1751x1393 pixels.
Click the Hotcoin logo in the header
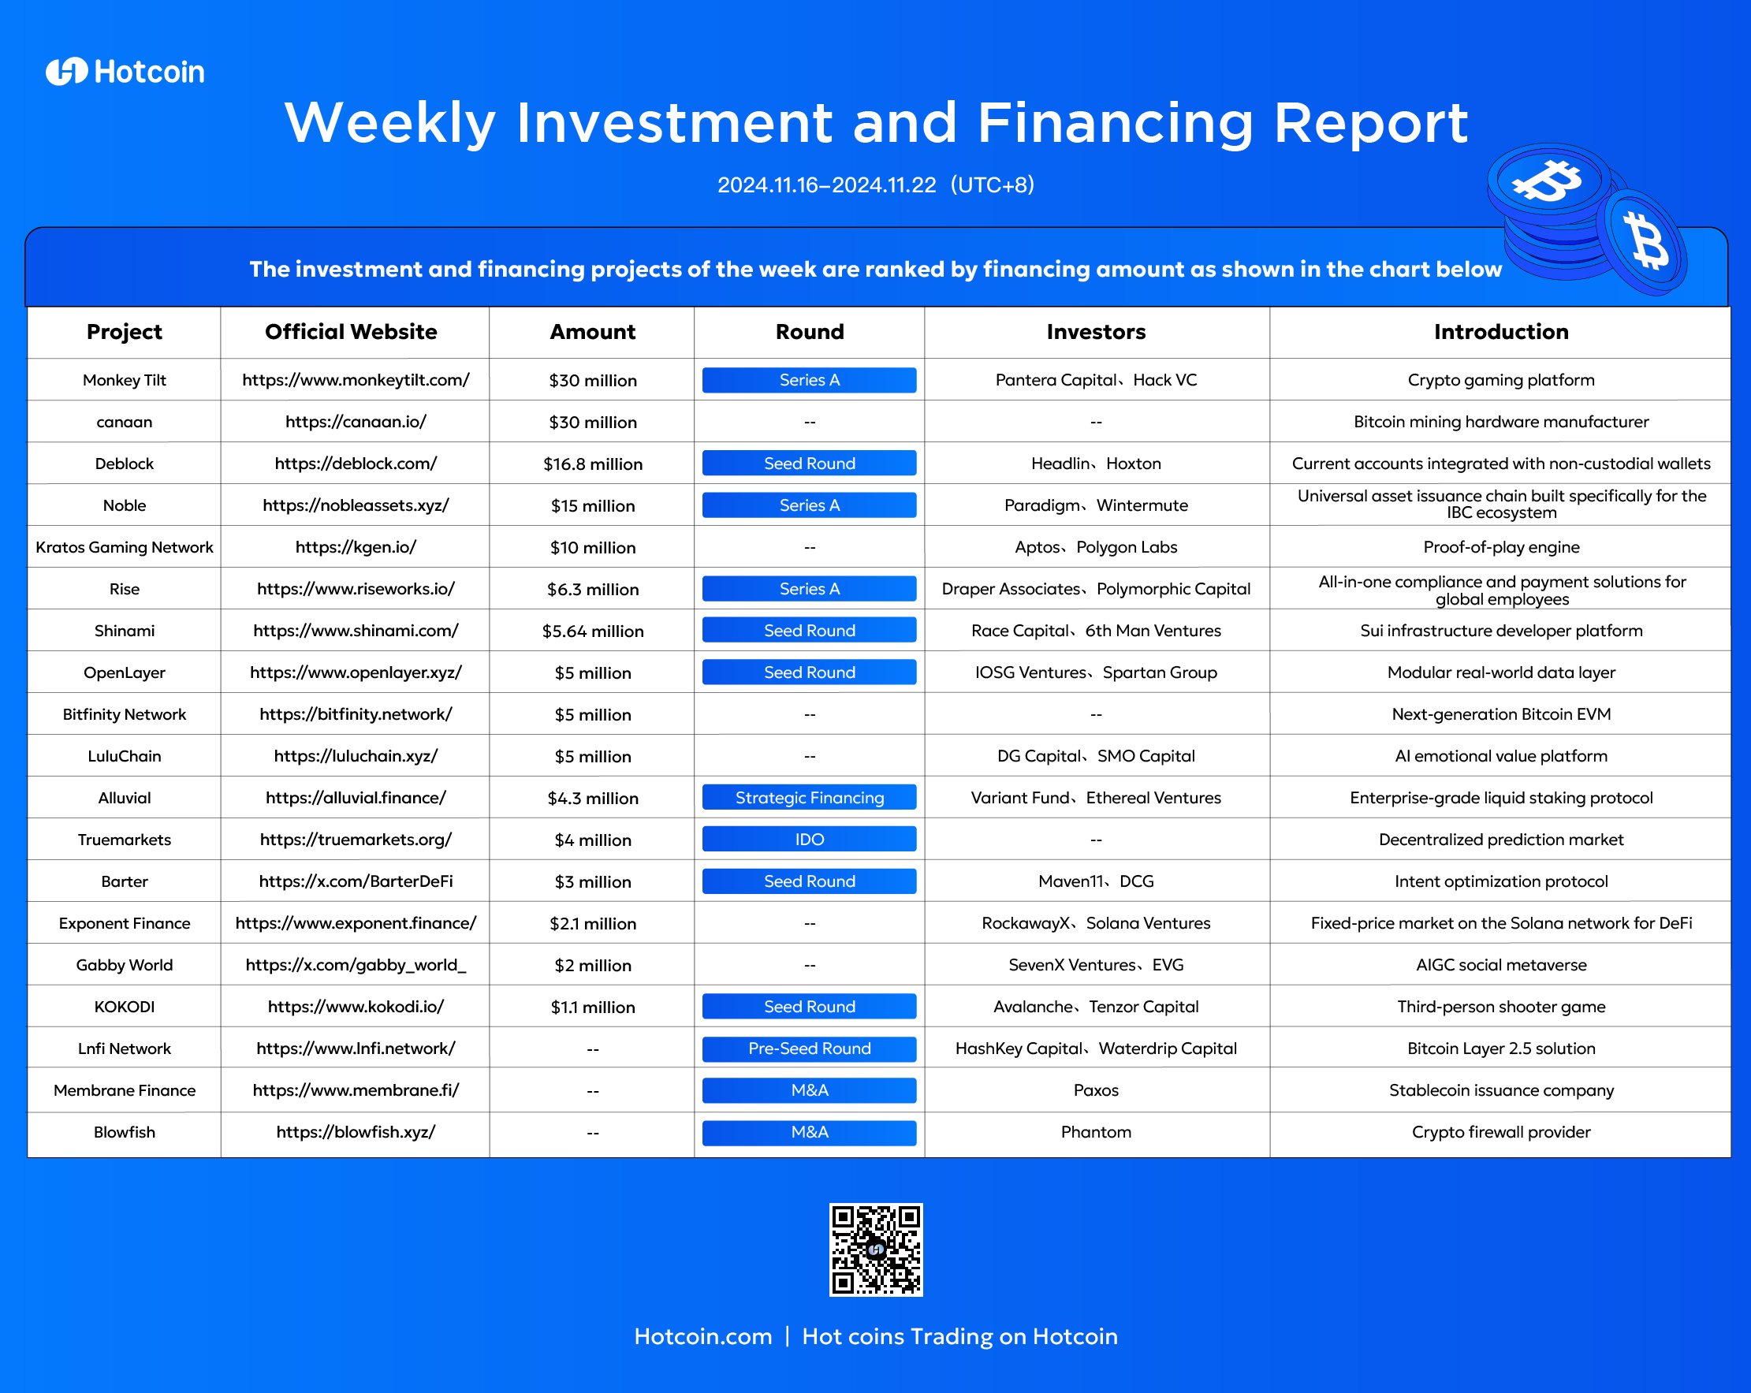pyautogui.click(x=125, y=72)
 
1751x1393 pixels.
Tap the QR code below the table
pyautogui.click(x=875, y=1250)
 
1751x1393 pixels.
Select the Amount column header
pyautogui.click(x=592, y=331)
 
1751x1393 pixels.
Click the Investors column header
pyautogui.click(x=1096, y=331)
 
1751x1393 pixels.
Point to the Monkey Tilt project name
pyautogui.click(x=125, y=380)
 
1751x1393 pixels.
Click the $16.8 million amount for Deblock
pyautogui.click(x=593, y=464)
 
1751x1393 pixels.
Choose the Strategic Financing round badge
pyautogui.click(x=809, y=798)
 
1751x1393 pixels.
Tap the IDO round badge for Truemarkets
pyautogui.click(x=809, y=839)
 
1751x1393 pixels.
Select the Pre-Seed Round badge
pyautogui.click(x=809, y=1048)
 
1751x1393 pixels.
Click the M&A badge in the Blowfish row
pyautogui.click(x=809, y=1132)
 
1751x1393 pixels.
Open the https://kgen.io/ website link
pyautogui.click(x=356, y=547)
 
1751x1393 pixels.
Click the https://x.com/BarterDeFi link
pyautogui.click(x=356, y=881)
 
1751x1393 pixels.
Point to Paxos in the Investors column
pyautogui.click(x=1096, y=1090)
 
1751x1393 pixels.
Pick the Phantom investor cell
pyautogui.click(x=1096, y=1132)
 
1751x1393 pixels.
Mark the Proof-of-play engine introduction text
pyautogui.click(x=1501, y=547)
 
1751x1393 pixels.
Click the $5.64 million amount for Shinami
pyautogui.click(x=593, y=631)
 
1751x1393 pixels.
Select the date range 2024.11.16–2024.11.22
pyautogui.click(x=827, y=185)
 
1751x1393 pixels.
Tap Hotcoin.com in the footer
pyautogui.click(x=702, y=1336)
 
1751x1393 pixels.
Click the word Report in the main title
pyautogui.click(x=1371, y=124)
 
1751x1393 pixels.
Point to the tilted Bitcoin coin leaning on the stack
pyautogui.click(x=1642, y=241)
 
